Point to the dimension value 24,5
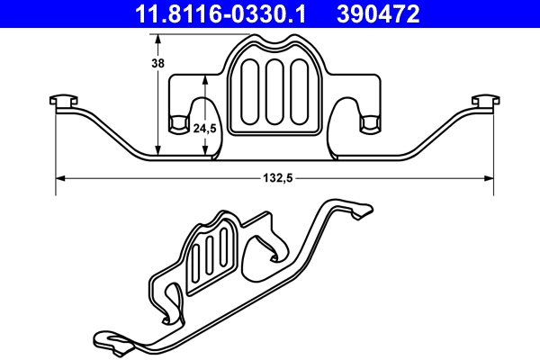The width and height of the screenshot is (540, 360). [205, 129]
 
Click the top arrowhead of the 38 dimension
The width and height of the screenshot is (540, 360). [159, 39]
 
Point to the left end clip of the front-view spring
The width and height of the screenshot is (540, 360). [61, 100]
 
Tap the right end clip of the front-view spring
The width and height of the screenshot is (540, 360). [484, 100]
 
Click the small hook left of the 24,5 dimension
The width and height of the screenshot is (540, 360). [179, 123]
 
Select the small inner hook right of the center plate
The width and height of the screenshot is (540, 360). [368, 123]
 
